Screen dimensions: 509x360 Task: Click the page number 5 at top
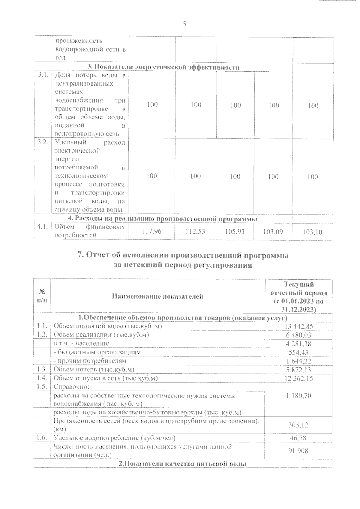(184, 24)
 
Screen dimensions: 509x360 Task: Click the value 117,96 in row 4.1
(152, 231)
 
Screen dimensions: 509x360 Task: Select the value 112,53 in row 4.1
(195, 231)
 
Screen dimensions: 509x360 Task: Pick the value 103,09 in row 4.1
(273, 231)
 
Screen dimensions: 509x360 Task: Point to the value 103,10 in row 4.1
(312, 232)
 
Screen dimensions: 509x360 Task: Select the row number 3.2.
(43, 142)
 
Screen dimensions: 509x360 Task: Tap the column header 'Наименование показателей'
(157, 296)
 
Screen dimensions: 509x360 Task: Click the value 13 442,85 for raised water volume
(298, 326)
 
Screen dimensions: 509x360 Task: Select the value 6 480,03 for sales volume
(298, 335)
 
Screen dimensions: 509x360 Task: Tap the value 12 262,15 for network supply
(298, 379)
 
